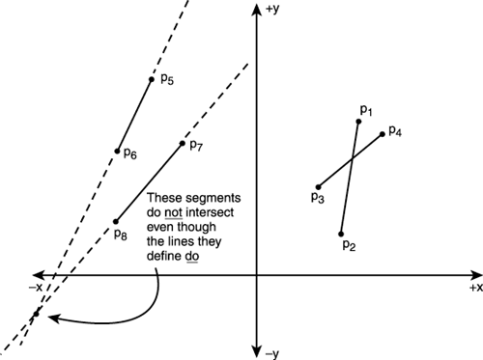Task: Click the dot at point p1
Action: [x=359, y=121]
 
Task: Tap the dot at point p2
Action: [x=341, y=234]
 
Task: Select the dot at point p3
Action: [x=318, y=186]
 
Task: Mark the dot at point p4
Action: [x=383, y=133]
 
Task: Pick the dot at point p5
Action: [x=151, y=80]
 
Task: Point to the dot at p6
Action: [x=118, y=151]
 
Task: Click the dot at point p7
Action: [x=182, y=145]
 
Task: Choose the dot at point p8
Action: [x=118, y=221]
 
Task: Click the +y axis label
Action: [x=271, y=9]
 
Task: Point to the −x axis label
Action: [x=35, y=288]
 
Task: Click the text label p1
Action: [x=366, y=110]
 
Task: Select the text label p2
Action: [x=350, y=246]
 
